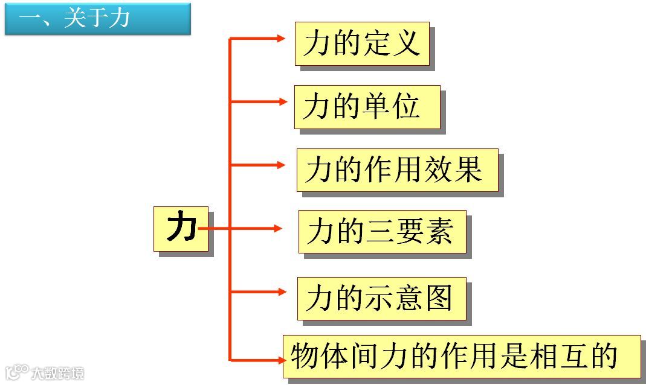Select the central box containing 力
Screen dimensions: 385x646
tap(181, 228)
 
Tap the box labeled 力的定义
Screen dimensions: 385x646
tap(361, 43)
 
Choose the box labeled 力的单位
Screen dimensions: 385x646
tap(367, 107)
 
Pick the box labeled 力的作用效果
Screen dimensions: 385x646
tap(397, 170)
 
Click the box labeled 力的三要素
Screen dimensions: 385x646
tap(382, 231)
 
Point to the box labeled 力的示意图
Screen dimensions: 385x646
tap(381, 298)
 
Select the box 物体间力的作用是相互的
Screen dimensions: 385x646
tap(461, 356)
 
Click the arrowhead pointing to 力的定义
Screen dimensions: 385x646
tap(280, 39)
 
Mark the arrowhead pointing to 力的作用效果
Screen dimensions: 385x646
tap(280, 165)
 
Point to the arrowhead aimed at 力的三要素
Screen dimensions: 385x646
tap(278, 228)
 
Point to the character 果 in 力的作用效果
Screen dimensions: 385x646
tap(468, 170)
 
